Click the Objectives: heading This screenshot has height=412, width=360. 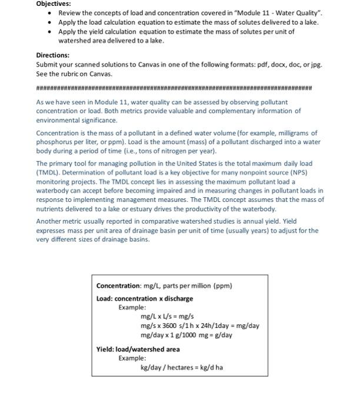54,4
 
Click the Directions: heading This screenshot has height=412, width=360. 54,55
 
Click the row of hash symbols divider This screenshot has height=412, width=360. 174,88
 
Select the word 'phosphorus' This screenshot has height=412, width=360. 54,141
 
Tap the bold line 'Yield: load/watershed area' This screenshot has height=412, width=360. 138,349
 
